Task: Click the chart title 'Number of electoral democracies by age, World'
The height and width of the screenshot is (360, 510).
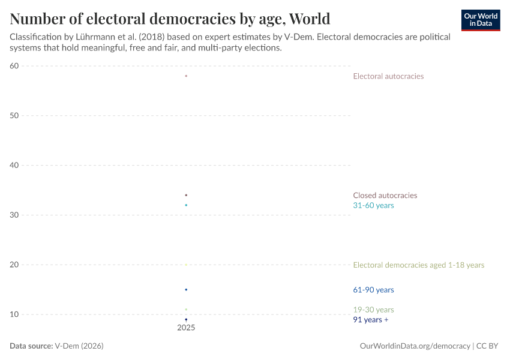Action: tap(170, 19)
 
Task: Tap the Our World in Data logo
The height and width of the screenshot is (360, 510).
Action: tap(481, 20)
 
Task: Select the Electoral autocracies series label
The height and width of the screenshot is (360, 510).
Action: tap(388, 76)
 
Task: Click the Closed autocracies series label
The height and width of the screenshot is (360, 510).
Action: tap(385, 195)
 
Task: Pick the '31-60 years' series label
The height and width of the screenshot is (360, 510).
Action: tap(373, 205)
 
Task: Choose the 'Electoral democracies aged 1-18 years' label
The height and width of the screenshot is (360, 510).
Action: tap(418, 265)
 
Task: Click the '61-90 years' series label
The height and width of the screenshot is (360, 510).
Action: tap(373, 290)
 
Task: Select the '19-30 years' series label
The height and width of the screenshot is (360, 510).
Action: tap(373, 310)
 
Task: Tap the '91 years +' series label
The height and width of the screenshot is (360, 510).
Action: tap(370, 320)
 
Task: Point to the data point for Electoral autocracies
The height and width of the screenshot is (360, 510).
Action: tap(186, 76)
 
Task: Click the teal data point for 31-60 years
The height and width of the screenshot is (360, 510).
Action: tap(186, 205)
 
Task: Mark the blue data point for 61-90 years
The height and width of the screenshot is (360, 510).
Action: tap(186, 290)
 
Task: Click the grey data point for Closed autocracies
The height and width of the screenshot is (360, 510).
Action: tap(186, 195)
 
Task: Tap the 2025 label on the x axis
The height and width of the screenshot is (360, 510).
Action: tap(186, 328)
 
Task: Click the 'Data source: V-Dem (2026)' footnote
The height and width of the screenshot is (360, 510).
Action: tap(61, 346)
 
